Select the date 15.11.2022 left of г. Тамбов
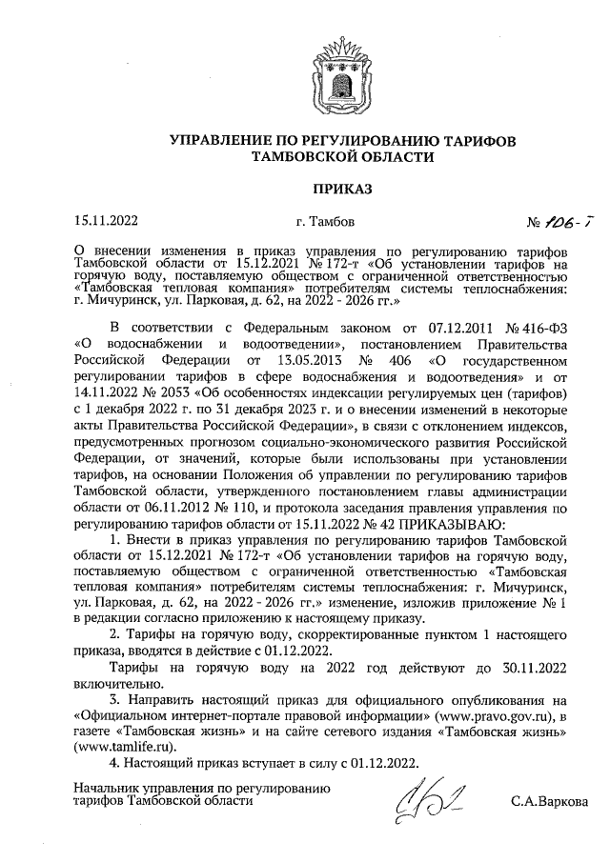point(106,223)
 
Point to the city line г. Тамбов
point(326,223)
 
